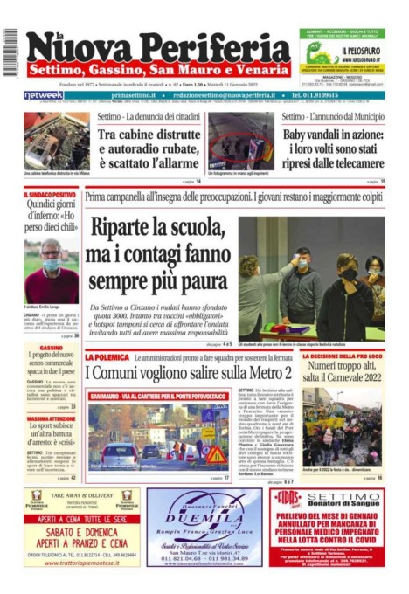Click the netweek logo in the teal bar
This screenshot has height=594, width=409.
[x=43, y=94]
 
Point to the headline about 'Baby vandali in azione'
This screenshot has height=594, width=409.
[x=333, y=142]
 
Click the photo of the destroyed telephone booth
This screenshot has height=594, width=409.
[x=56, y=141]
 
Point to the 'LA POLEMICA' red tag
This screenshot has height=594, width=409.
[x=107, y=358]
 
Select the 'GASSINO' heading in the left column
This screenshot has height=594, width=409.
[x=51, y=348]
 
